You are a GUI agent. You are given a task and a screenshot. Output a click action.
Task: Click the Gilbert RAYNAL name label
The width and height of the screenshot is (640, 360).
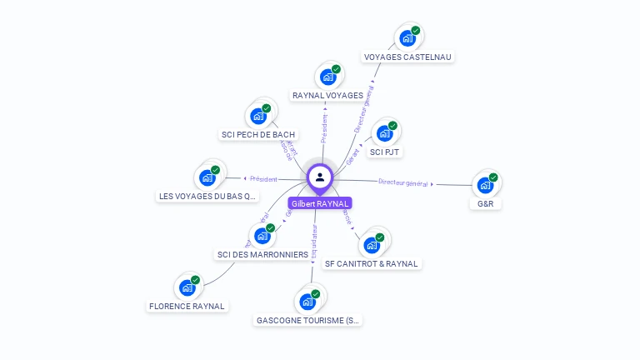[320, 203]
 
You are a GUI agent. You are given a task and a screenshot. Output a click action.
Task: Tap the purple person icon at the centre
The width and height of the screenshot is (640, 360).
[320, 177]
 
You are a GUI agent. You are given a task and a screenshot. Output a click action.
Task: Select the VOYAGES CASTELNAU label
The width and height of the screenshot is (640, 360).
[408, 57]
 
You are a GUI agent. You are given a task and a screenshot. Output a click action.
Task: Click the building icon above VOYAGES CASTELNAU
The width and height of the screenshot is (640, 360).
[407, 37]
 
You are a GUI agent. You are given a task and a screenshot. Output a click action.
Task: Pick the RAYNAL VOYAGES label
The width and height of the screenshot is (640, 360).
[327, 96]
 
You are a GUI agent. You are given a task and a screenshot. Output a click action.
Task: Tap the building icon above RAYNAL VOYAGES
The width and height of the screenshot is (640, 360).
[328, 77]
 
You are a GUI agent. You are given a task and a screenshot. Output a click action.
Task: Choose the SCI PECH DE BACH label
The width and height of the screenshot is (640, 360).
[258, 134]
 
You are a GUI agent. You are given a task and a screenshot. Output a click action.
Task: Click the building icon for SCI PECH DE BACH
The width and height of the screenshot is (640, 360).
[258, 116]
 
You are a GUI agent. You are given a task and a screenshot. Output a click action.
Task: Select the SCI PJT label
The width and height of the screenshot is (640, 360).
[385, 152]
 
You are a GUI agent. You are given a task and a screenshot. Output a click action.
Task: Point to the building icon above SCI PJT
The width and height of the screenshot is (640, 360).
[384, 133]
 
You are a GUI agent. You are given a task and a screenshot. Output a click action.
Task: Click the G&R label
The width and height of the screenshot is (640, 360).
[485, 203]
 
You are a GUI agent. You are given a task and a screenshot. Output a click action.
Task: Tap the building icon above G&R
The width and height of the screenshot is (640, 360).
[485, 184]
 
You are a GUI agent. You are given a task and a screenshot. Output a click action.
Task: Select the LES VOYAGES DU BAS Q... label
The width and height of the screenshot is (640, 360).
[207, 197]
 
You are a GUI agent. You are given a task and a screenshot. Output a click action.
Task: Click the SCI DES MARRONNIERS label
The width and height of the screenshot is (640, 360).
[262, 254]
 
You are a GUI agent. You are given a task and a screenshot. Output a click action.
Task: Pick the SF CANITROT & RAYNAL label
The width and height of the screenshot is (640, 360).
[372, 263]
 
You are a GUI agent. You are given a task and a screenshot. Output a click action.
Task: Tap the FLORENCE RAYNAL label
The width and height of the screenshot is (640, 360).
[187, 306]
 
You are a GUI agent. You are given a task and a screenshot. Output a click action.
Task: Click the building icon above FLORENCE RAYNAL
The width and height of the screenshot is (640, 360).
[187, 287]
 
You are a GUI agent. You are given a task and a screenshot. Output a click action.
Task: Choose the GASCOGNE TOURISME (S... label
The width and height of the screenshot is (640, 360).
[308, 320]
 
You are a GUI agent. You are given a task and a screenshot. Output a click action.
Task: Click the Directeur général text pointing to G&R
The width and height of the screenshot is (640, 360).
[402, 182]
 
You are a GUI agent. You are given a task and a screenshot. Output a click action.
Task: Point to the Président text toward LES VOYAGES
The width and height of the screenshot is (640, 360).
[263, 178]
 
